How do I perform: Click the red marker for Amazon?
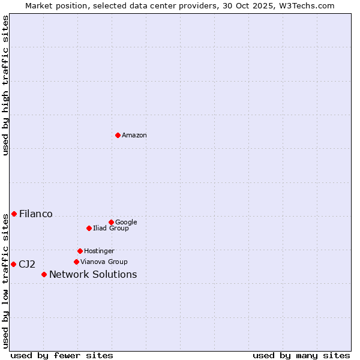pos(118,135)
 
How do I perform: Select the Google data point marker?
pos(111,222)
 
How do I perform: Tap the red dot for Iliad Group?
pos(89,228)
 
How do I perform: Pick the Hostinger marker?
pos(80,251)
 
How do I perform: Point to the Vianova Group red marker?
pos(76,262)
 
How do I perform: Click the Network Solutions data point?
pos(44,274)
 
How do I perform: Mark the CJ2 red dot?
pos(13,264)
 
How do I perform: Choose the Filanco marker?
pos(14,214)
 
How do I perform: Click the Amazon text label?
pos(134,136)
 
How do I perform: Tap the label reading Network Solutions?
pos(93,275)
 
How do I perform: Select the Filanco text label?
pos(36,214)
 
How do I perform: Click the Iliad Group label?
pos(111,229)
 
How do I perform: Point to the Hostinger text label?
pos(99,251)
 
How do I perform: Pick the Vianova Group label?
pos(104,262)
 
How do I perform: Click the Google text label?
pos(126,223)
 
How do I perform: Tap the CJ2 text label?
pos(27,265)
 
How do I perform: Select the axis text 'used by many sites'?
pos(301,355)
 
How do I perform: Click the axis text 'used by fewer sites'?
pos(62,355)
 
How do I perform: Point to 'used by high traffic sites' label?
pos(6,85)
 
